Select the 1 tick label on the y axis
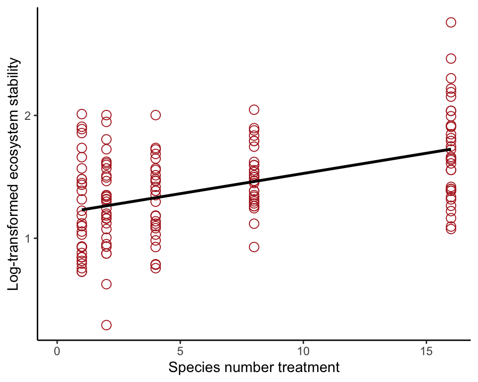[x=28, y=239]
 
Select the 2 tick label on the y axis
[x=28, y=116]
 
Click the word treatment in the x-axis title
[x=309, y=369]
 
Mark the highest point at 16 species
[x=451, y=22]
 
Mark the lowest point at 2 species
[x=106, y=325]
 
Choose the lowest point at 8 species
[x=254, y=247]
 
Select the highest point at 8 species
[x=254, y=109]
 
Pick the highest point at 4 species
[x=155, y=115]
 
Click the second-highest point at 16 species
[x=451, y=59]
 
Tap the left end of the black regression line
[x=82, y=210]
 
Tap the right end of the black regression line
[x=451, y=149]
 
